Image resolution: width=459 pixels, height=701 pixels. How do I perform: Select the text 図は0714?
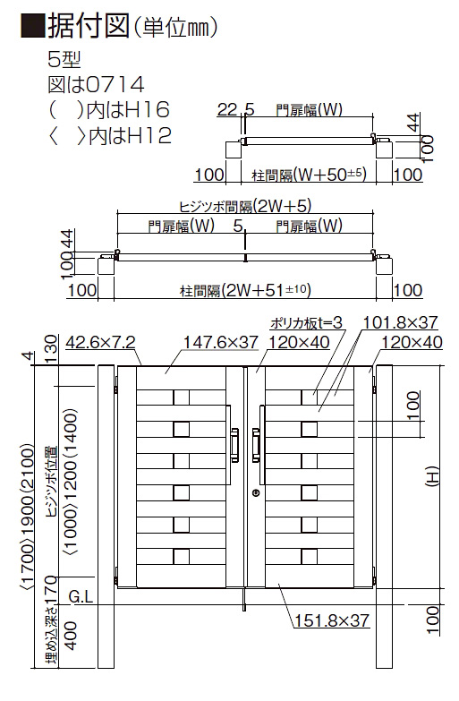(96, 84)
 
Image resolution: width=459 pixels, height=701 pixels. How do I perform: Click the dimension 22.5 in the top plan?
(235, 109)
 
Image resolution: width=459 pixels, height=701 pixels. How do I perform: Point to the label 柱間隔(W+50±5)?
(310, 175)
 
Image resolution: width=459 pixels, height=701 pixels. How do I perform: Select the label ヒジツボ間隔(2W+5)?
(244, 206)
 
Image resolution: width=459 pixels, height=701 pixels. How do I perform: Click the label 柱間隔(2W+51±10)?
(245, 291)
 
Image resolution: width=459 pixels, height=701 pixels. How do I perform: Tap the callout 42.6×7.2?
(100, 343)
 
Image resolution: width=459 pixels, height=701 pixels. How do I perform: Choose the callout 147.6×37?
(221, 343)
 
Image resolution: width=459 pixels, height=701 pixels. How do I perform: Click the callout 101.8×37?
(400, 322)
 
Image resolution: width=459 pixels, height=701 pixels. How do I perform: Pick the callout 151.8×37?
(332, 620)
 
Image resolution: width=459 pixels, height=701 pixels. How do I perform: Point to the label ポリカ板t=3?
(306, 322)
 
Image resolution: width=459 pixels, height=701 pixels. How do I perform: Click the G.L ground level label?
(81, 596)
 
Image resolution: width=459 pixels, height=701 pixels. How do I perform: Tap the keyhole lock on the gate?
(256, 493)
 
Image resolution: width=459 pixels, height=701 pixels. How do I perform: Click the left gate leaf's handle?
(234, 444)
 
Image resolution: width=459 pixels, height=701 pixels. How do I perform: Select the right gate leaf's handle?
(256, 444)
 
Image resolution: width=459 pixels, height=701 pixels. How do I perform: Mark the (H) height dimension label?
(433, 475)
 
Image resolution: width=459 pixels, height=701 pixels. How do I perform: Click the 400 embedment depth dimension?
(71, 636)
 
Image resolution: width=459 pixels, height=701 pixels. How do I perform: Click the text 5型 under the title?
(64, 59)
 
